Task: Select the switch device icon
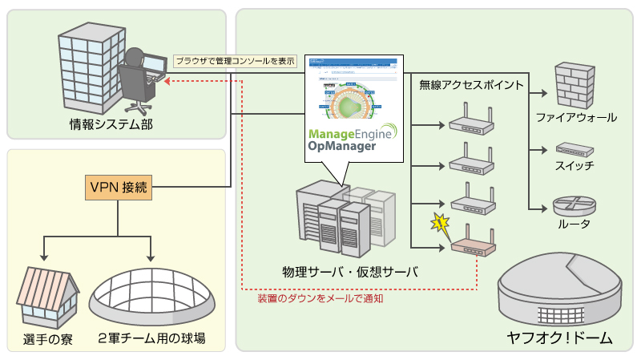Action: coord(574,149)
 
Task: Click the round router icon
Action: coord(573,204)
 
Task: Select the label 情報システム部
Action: coord(111,126)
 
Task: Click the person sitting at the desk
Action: coord(138,76)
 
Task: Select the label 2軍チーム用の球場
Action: coord(151,339)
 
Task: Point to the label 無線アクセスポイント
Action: coord(472,84)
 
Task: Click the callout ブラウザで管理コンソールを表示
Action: coord(235,60)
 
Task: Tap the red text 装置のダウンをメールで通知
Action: coord(320,298)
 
